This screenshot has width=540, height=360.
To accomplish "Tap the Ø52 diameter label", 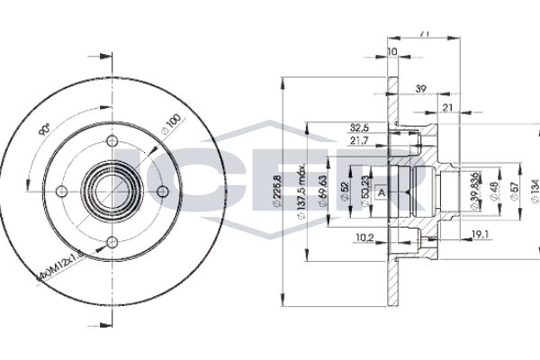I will click(x=346, y=192).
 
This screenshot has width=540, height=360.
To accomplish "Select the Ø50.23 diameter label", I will click(x=365, y=190).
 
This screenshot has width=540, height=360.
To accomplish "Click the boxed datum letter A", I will click(x=382, y=192).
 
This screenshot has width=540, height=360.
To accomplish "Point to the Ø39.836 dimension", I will click(x=475, y=192).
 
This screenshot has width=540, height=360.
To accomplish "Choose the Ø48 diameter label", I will click(x=494, y=192).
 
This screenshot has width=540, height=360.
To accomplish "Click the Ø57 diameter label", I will click(x=514, y=192).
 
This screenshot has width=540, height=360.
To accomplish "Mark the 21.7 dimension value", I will click(x=359, y=141).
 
